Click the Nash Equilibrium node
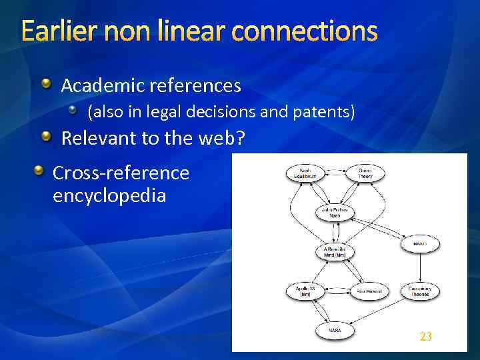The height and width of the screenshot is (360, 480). pyautogui.click(x=305, y=173)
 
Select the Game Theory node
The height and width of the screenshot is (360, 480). pyautogui.click(x=366, y=173)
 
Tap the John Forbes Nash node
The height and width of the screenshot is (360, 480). pyautogui.click(x=335, y=213)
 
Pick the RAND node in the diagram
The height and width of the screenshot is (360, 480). pyautogui.click(x=419, y=245)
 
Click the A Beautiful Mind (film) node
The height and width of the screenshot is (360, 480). pyautogui.click(x=335, y=253)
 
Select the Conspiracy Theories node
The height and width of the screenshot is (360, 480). pyautogui.click(x=419, y=291)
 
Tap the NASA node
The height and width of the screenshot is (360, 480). pyautogui.click(x=335, y=330)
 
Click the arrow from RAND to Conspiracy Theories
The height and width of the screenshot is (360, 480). pyautogui.click(x=419, y=267)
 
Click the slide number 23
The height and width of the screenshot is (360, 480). pyautogui.click(x=426, y=337)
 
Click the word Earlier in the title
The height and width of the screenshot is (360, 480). pyautogui.click(x=57, y=31)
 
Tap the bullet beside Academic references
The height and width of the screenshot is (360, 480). pyautogui.click(x=46, y=84)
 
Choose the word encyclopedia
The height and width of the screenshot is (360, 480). pyautogui.click(x=109, y=197)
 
